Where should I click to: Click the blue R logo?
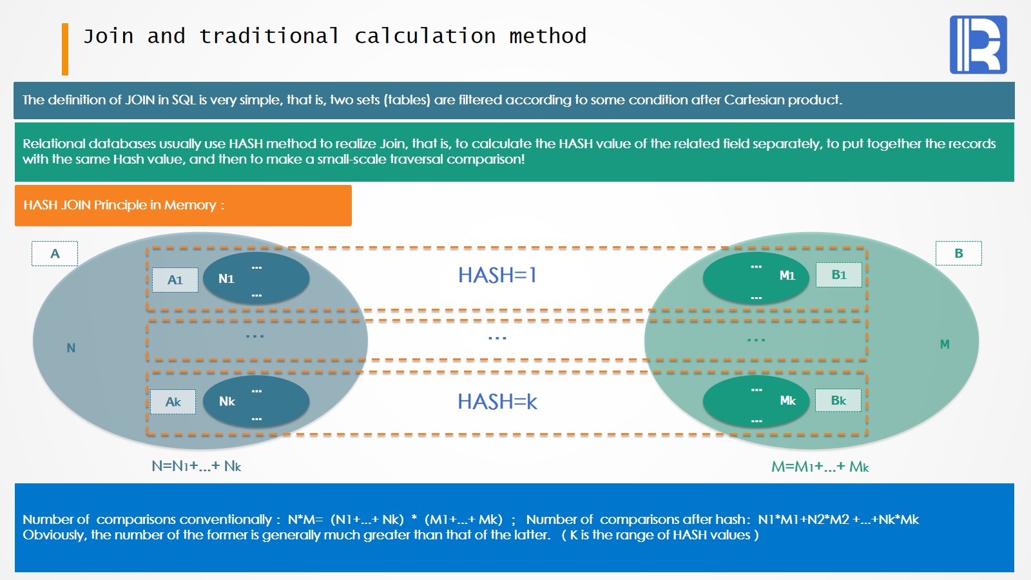point(978,44)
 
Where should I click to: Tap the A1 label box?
point(175,280)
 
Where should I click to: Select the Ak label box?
point(173,402)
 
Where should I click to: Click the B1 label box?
point(838,275)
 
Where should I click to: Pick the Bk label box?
point(838,400)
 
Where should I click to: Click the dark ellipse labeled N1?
point(256,278)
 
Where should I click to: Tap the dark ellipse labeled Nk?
point(256,401)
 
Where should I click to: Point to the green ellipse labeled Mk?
point(756,401)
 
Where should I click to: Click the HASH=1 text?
point(497,275)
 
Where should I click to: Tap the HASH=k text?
point(497,401)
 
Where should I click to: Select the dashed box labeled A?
point(55,254)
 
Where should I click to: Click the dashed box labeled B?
point(959,253)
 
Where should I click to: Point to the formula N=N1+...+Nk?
point(197,467)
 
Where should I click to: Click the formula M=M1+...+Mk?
point(820,467)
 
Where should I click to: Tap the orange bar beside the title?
point(65,49)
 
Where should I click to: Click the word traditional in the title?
point(270,36)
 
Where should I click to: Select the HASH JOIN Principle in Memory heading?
point(124,205)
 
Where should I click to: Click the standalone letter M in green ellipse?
point(945,344)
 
